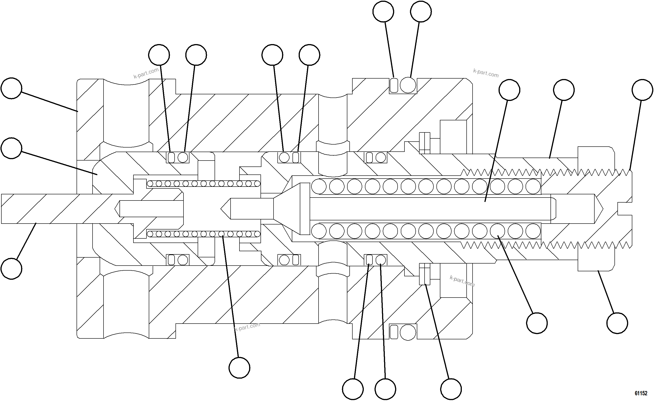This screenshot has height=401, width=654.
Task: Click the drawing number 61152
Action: [641, 393]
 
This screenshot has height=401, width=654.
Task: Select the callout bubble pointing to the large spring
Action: [537, 323]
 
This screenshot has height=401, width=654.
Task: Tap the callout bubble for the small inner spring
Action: [239, 368]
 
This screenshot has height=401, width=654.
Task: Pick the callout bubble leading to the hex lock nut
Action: [617, 323]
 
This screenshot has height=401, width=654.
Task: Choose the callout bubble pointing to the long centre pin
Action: [509, 90]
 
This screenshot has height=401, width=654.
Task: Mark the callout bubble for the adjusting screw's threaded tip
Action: [642, 90]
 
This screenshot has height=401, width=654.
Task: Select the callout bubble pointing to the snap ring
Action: [451, 389]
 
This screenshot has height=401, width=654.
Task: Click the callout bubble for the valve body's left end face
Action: [11, 88]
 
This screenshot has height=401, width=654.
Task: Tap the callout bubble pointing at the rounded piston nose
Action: [11, 148]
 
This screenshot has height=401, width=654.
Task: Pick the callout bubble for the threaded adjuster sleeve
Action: [564, 90]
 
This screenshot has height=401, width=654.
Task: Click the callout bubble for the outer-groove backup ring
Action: [383, 12]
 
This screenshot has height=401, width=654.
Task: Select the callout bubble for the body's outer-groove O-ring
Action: [421, 12]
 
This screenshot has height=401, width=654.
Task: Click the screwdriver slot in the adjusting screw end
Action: [625, 209]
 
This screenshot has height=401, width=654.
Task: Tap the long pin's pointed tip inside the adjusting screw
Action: [599, 209]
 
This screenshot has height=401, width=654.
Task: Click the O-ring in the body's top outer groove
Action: [408, 85]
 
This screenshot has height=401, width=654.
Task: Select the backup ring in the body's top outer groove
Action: [394, 85]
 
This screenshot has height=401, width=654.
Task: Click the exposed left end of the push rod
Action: [16, 209]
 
